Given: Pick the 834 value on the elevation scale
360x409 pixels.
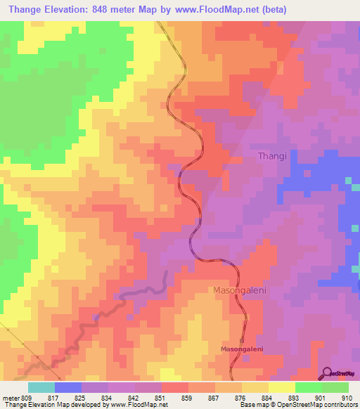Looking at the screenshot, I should (x=109, y=398).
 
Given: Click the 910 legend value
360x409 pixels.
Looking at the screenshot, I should (x=347, y=398).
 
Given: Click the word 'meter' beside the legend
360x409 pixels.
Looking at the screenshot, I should (x=11, y=398).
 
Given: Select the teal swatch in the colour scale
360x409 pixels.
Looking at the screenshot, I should (x=41, y=387).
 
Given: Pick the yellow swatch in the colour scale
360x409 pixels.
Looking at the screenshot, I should (x=281, y=387).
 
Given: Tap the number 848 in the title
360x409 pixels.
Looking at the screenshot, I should (x=103, y=9).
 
